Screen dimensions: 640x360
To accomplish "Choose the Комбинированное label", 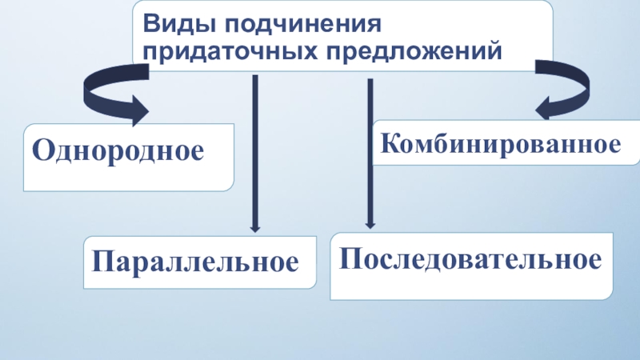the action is tap(501, 145).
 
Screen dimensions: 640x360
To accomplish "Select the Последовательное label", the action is tap(471, 259).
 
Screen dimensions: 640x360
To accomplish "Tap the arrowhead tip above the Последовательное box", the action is tap(370, 225).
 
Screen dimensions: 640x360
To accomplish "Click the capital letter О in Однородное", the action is tap(41, 150).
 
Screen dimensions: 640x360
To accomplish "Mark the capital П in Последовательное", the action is tap(350, 259).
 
